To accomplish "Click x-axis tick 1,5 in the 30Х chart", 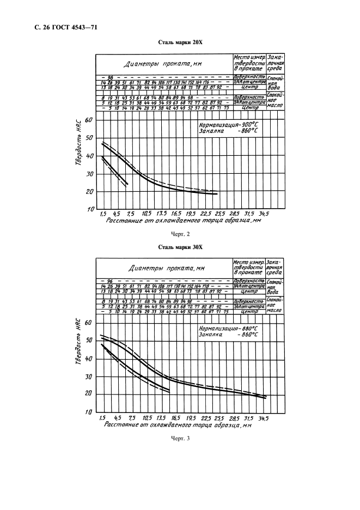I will point(101,418).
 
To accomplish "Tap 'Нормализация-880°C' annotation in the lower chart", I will point(225,329).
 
